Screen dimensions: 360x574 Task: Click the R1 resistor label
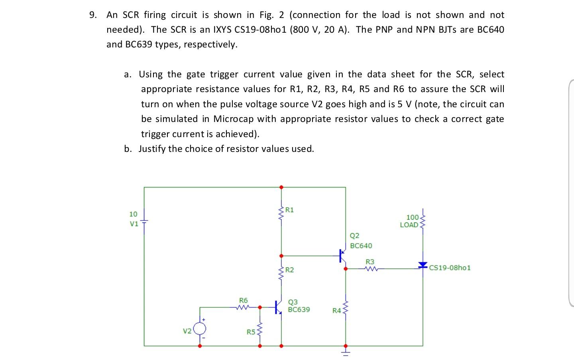289,210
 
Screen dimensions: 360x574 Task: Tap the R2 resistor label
289,270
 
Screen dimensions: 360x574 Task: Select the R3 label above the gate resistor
370,262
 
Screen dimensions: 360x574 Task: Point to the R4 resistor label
336,311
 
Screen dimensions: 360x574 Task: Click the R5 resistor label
250,332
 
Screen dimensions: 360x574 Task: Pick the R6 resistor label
243,300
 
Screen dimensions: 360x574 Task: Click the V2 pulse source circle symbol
200,329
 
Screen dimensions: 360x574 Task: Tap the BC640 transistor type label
361,246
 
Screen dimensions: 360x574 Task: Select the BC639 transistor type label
299,309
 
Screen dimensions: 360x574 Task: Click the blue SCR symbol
423,265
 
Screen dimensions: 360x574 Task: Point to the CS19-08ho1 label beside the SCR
450,268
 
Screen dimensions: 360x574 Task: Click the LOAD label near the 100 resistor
409,225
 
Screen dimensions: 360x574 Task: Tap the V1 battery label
134,224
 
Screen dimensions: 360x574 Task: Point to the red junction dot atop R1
281,187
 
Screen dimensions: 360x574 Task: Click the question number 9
92,15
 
